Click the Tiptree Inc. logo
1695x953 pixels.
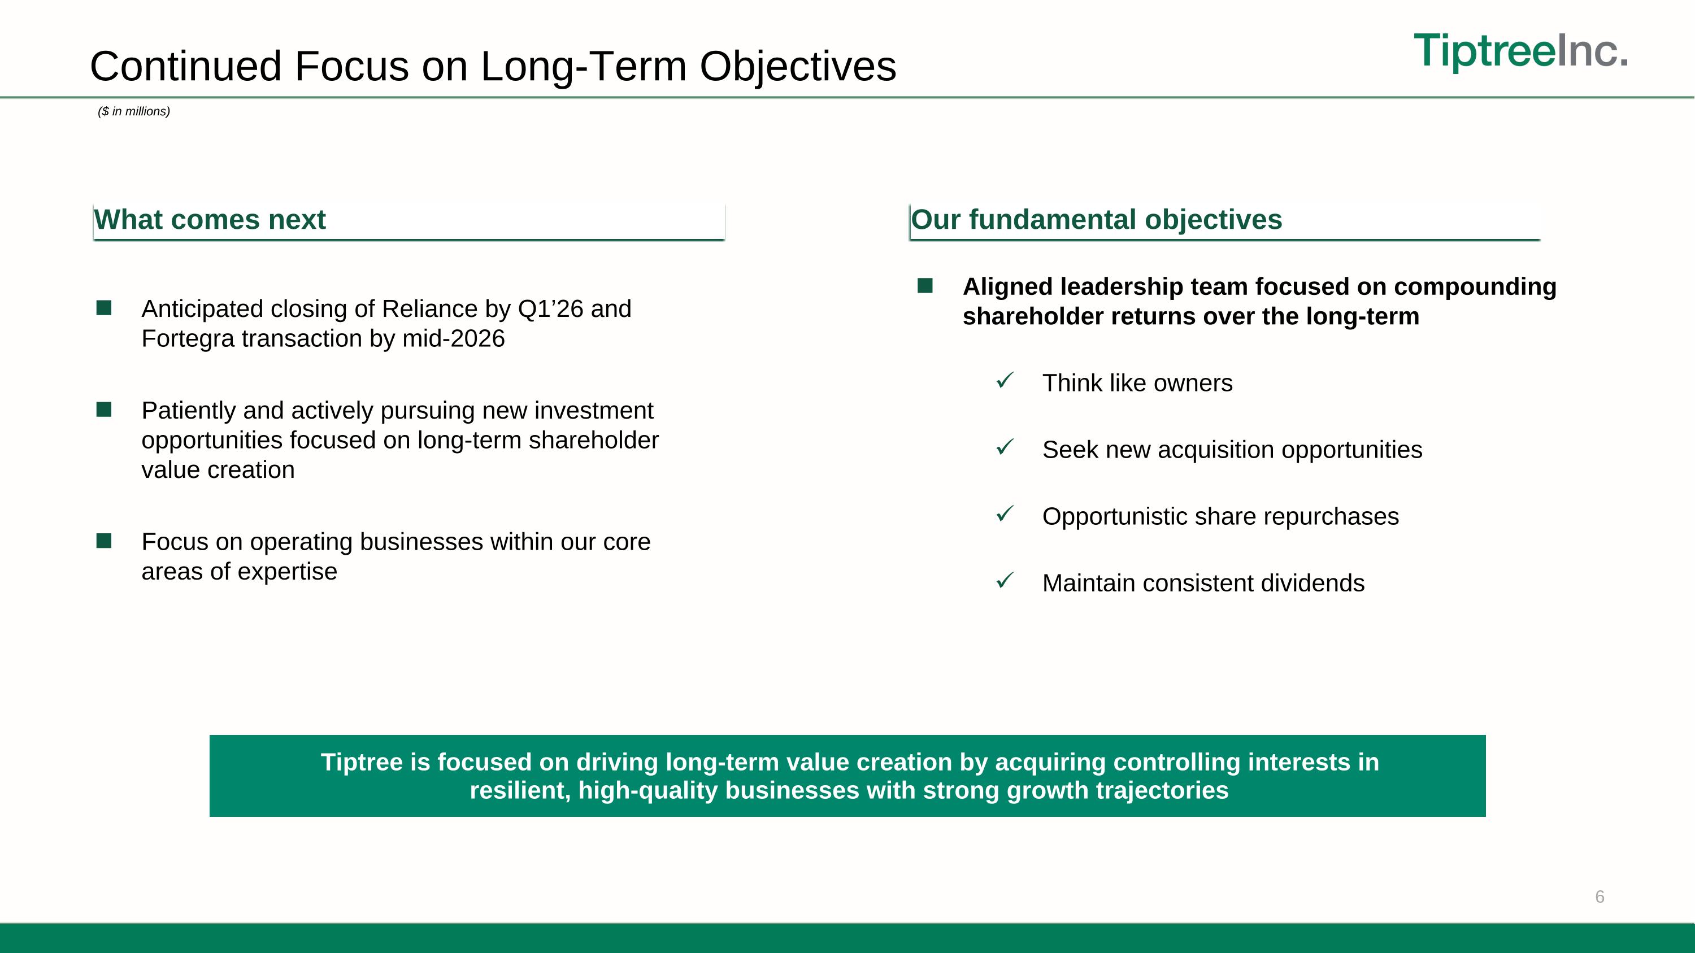tap(1520, 51)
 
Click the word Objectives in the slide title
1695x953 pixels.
tap(797, 67)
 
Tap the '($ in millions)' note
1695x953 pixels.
tap(133, 112)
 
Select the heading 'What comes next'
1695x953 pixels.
tap(210, 220)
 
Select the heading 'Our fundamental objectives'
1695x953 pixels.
tap(1096, 220)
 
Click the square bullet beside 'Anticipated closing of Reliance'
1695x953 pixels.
tap(104, 308)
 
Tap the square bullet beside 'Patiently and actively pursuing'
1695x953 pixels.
tap(104, 410)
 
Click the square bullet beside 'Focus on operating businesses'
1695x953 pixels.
tap(104, 541)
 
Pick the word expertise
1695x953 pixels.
tap(287, 572)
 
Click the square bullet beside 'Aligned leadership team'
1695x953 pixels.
tap(925, 285)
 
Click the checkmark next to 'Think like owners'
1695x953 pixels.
tap(1005, 380)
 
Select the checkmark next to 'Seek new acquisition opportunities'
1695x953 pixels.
tap(1005, 447)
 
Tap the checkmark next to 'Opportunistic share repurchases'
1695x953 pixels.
tap(1005, 514)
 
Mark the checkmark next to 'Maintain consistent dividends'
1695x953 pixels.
tap(1005, 580)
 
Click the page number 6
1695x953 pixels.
tap(1600, 897)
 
